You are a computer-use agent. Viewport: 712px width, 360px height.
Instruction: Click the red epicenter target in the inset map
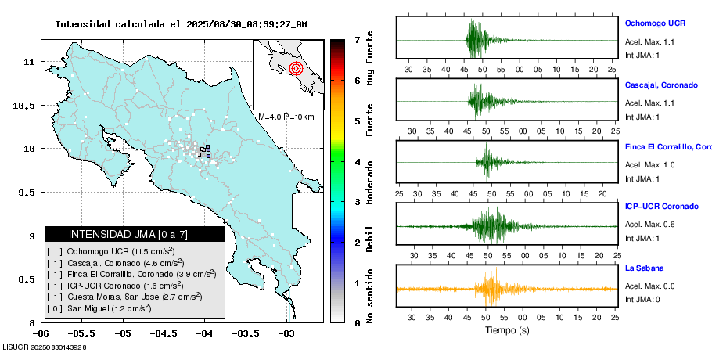295,68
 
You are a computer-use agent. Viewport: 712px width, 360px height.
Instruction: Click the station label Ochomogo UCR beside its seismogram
656,23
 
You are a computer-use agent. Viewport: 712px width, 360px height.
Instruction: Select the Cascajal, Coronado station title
661,85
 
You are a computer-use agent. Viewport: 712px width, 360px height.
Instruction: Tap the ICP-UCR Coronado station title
661,207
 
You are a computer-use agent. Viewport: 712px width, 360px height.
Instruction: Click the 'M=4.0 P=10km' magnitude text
286,117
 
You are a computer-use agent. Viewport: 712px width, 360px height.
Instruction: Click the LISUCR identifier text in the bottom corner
44,346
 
